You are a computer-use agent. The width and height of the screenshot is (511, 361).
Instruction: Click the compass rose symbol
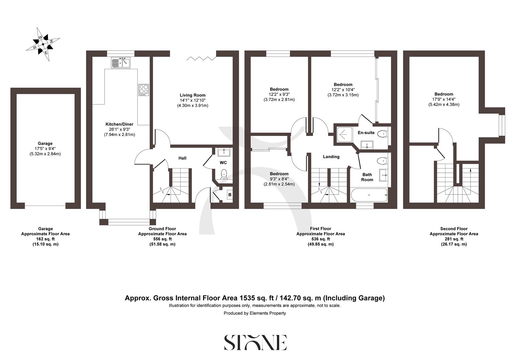coord(43,44)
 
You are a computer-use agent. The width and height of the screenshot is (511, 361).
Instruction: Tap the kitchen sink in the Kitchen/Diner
coord(121,63)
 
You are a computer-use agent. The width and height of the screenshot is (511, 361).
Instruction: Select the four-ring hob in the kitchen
coord(144,90)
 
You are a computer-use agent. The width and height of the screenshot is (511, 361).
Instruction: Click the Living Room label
coord(192,95)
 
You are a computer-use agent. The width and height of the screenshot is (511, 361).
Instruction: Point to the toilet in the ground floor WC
coord(224,174)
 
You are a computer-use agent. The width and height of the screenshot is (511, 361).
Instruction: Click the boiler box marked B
coord(230,195)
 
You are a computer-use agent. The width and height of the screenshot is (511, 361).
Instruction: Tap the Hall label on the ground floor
coord(182,158)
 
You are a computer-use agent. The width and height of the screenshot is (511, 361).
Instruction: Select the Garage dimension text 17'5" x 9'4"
coord(45,149)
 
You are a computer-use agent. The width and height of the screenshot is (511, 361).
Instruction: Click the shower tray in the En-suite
coord(343,133)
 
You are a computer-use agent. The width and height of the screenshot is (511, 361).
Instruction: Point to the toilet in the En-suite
coord(382,134)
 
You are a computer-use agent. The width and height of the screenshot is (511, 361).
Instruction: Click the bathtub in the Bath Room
coord(369,194)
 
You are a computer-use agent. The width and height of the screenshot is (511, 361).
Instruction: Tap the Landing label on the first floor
coord(331,157)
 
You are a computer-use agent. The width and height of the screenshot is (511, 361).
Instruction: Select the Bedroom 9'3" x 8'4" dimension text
coord(279,179)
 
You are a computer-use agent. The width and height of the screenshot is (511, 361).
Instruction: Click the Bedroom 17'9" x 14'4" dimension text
coord(444,99)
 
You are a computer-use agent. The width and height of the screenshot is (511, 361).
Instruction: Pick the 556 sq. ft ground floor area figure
coord(162,239)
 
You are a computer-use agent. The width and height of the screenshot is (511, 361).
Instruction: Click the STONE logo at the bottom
coord(255,342)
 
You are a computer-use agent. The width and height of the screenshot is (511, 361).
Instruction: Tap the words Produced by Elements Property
coord(255,313)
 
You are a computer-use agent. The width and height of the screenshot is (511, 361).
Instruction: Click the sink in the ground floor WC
coord(223,153)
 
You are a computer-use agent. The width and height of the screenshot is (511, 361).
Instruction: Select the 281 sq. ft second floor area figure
coord(454,239)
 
